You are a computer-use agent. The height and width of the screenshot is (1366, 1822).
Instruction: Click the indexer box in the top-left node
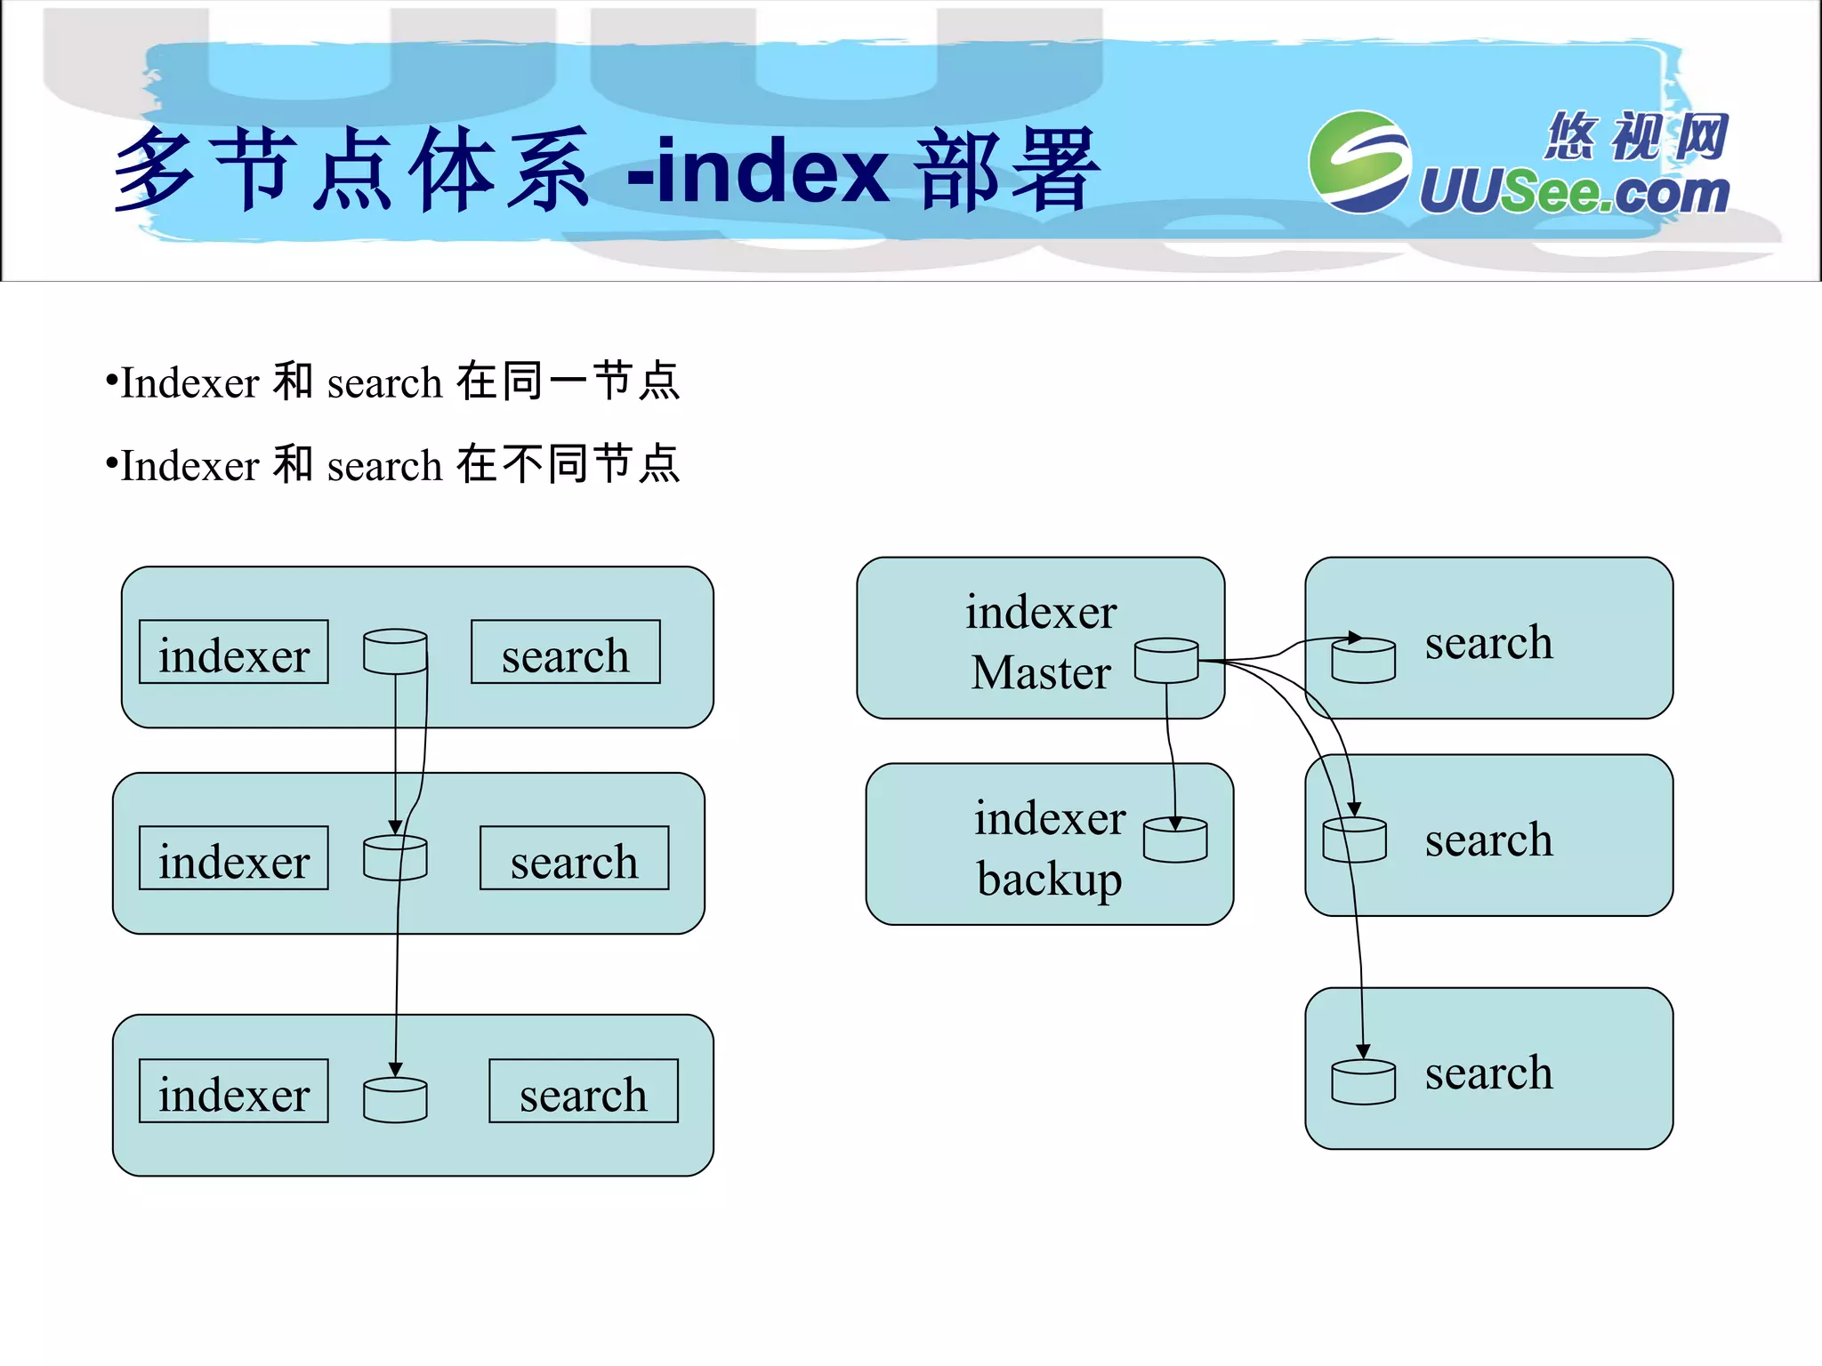[x=234, y=653]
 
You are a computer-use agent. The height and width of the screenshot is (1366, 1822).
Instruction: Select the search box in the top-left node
[x=565, y=653]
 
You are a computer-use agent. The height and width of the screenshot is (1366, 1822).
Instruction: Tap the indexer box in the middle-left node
[x=234, y=858]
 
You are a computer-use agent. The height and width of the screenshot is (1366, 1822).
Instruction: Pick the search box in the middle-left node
[x=574, y=858]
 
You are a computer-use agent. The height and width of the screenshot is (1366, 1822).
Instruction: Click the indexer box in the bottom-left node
[x=234, y=1091]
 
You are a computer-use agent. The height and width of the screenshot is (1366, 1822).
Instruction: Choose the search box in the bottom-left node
[x=583, y=1091]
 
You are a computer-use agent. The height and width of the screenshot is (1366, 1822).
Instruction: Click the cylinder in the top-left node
[x=395, y=652]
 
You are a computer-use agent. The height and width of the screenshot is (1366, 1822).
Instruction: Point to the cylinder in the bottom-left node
[x=395, y=1100]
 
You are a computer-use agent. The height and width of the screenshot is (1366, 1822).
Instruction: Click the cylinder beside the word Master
[x=1166, y=661]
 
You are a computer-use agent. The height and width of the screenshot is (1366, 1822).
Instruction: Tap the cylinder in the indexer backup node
[x=1175, y=840]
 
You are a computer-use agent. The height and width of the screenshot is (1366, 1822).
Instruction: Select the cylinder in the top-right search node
[x=1363, y=661]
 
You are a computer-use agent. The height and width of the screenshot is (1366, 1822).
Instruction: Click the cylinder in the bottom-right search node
[x=1363, y=1082]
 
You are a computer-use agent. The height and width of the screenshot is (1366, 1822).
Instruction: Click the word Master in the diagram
[x=1041, y=672]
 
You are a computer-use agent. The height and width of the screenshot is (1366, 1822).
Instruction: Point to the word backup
[x=1050, y=879]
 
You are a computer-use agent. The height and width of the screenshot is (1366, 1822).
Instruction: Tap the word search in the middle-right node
[x=1488, y=840]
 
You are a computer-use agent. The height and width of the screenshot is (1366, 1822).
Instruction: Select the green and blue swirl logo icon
[x=1359, y=162]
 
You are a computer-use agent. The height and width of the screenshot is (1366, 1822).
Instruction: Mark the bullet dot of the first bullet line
[x=111, y=382]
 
